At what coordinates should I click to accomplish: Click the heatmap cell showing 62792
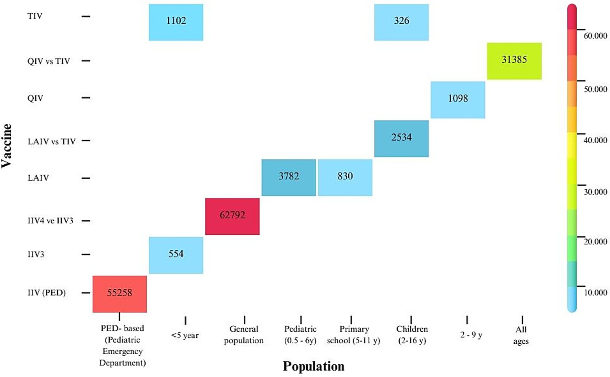(x=232, y=216)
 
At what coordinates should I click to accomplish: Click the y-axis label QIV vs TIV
(x=49, y=61)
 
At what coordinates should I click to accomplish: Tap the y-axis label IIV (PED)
(x=46, y=292)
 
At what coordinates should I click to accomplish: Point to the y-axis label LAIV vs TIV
(x=52, y=141)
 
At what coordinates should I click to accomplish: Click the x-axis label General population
(x=244, y=334)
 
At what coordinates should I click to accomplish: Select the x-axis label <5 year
(x=185, y=335)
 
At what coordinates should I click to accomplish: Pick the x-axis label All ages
(x=521, y=335)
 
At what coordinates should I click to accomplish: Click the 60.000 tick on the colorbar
(x=595, y=36)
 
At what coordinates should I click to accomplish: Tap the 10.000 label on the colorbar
(x=595, y=292)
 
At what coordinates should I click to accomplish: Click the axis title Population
(x=313, y=366)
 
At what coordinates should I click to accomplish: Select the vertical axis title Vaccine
(x=7, y=146)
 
